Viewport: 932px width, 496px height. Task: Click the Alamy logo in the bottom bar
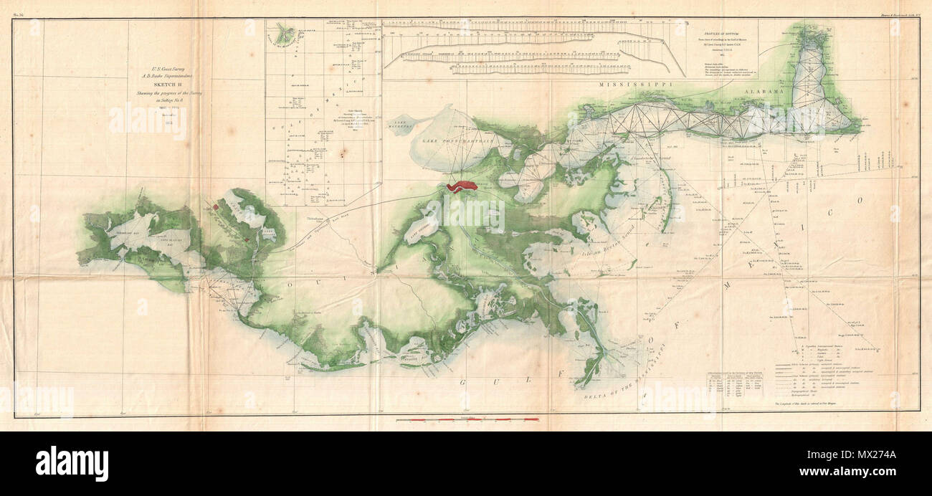point(72,464)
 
